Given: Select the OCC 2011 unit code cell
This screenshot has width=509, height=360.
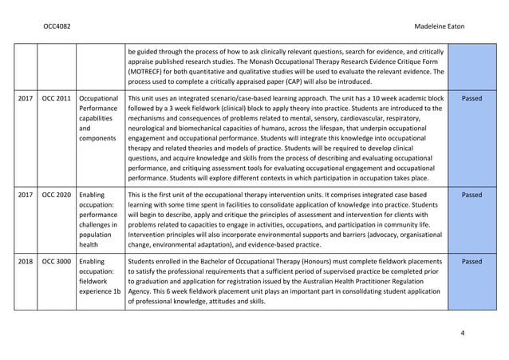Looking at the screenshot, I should pyautogui.click(x=56, y=98).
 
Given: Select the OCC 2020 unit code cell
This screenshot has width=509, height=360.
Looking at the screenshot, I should pyautogui.click(x=56, y=194).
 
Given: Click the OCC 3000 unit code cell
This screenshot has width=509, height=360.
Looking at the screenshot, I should pyautogui.click(x=56, y=261).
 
